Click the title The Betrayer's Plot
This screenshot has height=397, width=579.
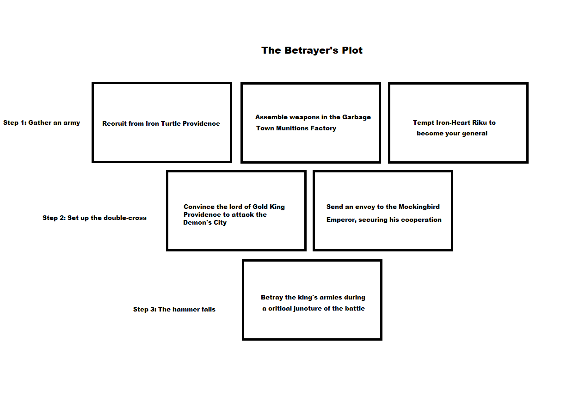pos(312,50)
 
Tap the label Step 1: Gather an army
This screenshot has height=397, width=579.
pos(42,122)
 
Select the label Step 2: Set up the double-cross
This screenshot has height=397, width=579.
pos(94,218)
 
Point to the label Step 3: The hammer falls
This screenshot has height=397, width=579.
pos(174,309)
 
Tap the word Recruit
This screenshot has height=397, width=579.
pos(113,124)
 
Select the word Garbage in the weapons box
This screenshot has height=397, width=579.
pos(357,117)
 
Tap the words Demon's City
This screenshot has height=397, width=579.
pos(205,222)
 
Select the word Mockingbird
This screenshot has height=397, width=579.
pos(419,207)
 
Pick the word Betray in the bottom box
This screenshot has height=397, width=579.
pos(271,297)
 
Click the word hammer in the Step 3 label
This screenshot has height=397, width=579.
pos(185,309)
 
